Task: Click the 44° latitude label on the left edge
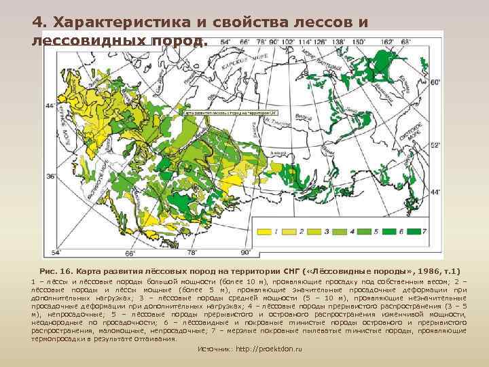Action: point(50,106)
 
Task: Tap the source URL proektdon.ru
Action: point(276,349)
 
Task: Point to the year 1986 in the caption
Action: point(424,270)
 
